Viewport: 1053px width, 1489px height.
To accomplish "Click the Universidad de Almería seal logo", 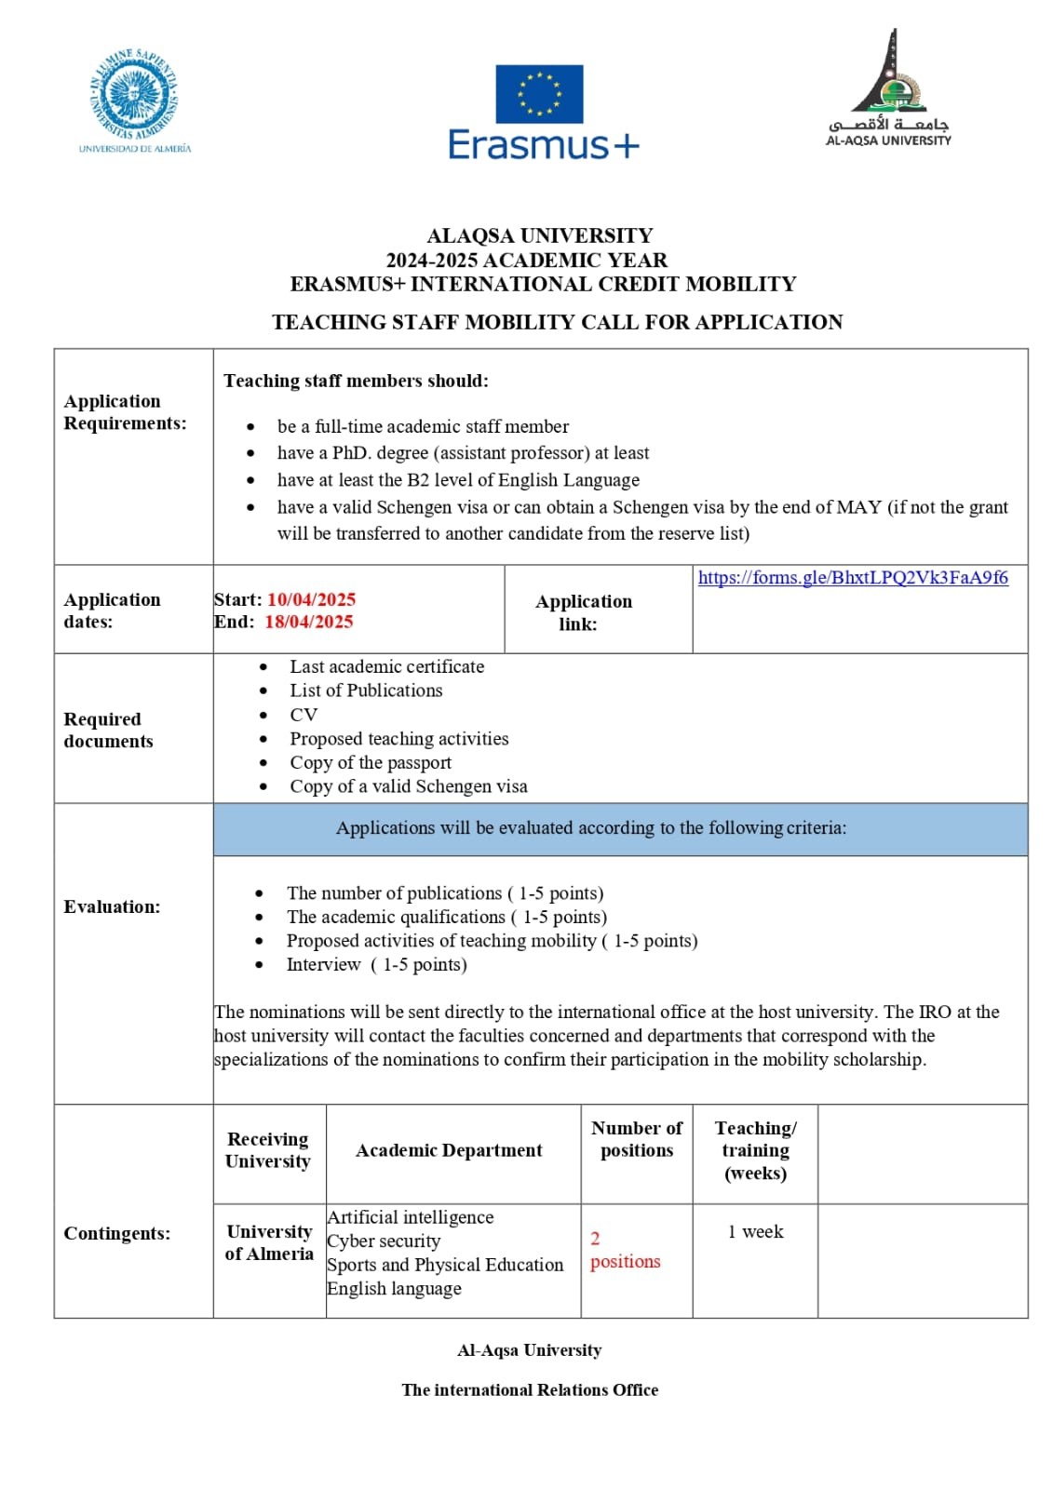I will pyautogui.click(x=135, y=96).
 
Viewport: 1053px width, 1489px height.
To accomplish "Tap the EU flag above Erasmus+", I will pyautogui.click(x=539, y=94).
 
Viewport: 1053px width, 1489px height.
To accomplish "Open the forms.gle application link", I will pyautogui.click(x=853, y=578).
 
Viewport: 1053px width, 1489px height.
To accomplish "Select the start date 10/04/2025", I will pyautogui.click(x=311, y=599).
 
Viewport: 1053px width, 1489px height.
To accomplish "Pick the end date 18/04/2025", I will pyautogui.click(x=309, y=622).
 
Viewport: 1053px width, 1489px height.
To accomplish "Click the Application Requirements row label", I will pyautogui.click(x=125, y=412).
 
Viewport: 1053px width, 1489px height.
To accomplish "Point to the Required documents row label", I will pyautogui.click(x=108, y=731).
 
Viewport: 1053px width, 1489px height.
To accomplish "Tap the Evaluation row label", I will pyautogui.click(x=112, y=906).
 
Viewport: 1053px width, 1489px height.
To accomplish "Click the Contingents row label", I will pyautogui.click(x=116, y=1233).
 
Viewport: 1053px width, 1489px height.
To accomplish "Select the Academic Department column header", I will pyautogui.click(x=449, y=1150).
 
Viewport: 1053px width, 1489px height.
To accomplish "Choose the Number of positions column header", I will pyautogui.click(x=637, y=1139).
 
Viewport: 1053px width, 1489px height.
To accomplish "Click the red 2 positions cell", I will pyautogui.click(x=625, y=1250).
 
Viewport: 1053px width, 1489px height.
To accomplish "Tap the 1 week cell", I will pyautogui.click(x=755, y=1231).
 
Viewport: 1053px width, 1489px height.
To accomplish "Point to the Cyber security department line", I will pyautogui.click(x=384, y=1241).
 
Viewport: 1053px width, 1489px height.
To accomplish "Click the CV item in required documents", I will pyautogui.click(x=304, y=715).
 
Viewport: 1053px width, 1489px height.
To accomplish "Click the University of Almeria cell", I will pyautogui.click(x=269, y=1242).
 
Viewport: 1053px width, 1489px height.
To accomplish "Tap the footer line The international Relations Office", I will pyautogui.click(x=530, y=1389).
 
